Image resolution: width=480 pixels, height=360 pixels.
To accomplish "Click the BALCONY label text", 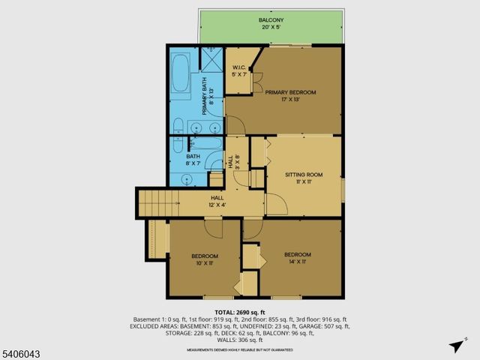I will click(271, 19).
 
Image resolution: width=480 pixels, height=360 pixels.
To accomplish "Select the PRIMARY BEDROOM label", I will click(290, 92).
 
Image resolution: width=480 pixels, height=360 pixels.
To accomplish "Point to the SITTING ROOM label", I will click(304, 174).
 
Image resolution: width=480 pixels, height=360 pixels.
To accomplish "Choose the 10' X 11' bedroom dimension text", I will click(205, 263).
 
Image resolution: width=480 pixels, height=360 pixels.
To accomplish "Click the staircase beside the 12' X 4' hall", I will click(156, 201).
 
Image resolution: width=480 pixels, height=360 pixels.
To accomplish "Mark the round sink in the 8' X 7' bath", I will click(185, 179).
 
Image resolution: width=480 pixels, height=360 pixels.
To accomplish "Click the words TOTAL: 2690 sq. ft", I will click(240, 311).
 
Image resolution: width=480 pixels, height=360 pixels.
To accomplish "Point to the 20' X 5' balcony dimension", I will click(271, 27).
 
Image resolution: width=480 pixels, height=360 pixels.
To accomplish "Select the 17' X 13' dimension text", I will click(290, 100).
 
